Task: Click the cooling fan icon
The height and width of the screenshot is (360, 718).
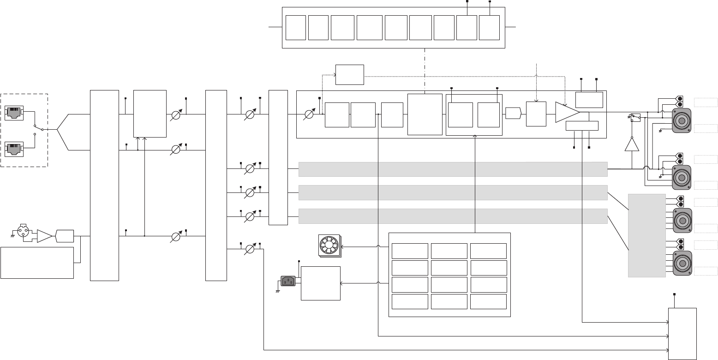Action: point(329,245)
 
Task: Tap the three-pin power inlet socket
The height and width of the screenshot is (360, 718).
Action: point(288,281)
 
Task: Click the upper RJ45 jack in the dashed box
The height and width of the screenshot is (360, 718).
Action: point(14,113)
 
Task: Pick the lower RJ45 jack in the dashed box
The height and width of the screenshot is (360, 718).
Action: point(14,149)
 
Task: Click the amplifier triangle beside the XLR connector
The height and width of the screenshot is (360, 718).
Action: point(44,236)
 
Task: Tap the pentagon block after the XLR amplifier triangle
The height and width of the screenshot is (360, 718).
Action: point(64,236)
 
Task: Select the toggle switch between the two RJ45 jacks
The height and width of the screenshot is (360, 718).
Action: point(38,130)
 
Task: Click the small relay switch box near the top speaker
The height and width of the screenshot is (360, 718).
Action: point(635,118)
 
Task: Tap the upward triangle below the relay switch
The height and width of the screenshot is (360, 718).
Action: point(632,144)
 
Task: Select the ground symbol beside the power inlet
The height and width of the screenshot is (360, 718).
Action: point(278,291)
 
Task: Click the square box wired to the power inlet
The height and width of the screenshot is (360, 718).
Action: point(320,283)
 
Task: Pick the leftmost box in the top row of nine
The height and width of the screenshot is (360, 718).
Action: point(296,27)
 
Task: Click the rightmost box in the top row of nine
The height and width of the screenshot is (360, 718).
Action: point(489,27)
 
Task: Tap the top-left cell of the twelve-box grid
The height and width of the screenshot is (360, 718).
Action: point(410,251)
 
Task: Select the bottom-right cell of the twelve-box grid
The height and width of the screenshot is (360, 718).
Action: point(488,301)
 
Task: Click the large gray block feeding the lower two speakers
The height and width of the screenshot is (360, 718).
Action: point(646,235)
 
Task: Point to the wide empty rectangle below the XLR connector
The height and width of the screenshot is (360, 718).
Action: point(37,263)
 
